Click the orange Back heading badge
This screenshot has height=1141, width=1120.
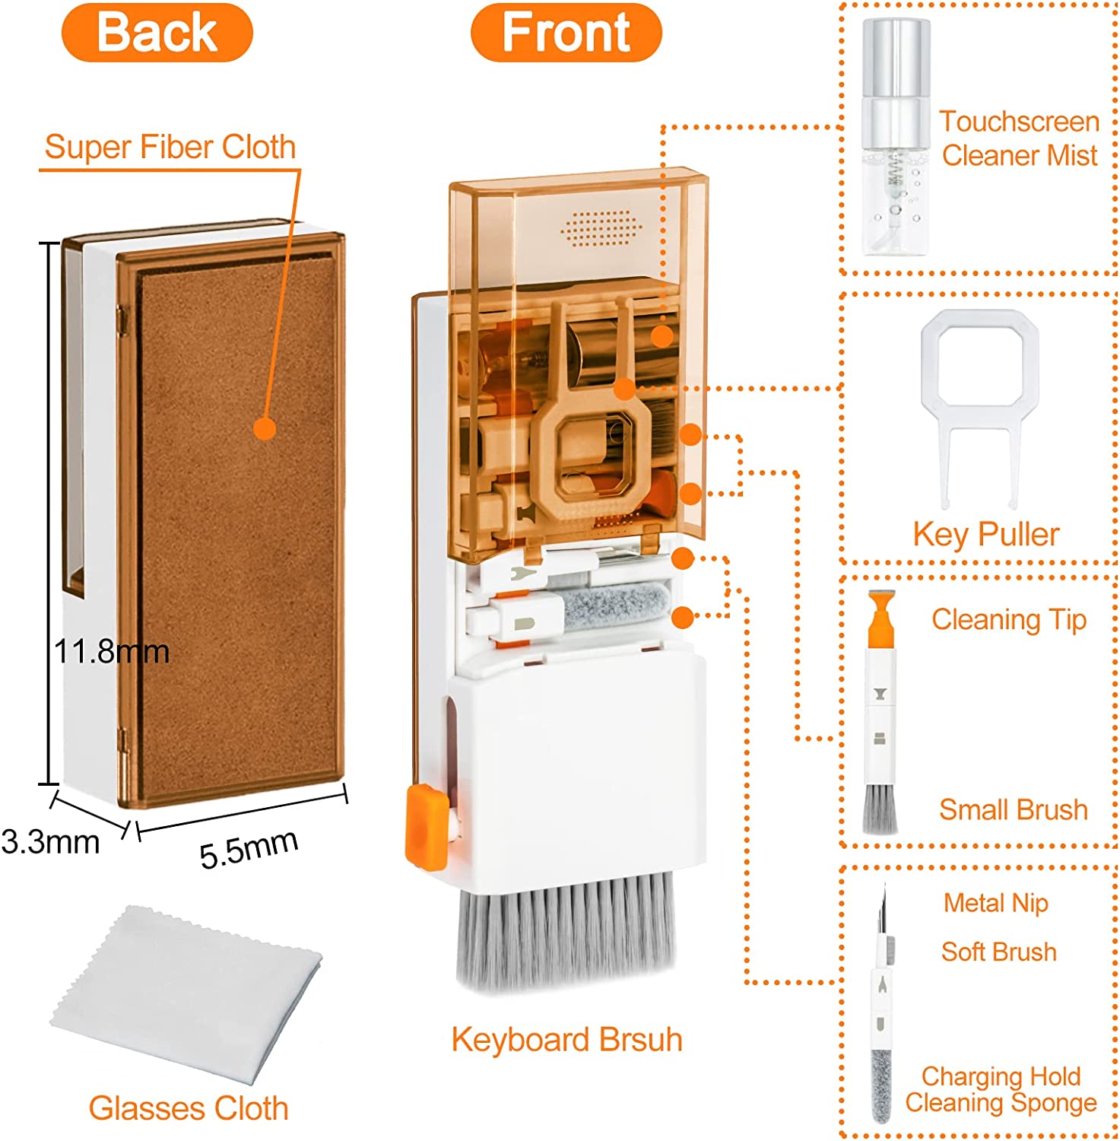(157, 33)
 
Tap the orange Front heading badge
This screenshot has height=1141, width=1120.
(566, 33)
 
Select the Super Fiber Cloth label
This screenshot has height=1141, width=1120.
(170, 147)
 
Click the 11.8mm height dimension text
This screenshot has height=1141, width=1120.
(111, 652)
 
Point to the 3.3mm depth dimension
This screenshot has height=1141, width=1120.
(50, 842)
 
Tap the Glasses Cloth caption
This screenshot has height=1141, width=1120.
(189, 1108)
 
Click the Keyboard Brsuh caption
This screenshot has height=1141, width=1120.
(566, 1040)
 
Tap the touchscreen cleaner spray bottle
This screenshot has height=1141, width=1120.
(896, 137)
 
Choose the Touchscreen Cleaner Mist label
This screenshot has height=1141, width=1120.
(1019, 138)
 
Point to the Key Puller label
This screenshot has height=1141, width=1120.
(985, 535)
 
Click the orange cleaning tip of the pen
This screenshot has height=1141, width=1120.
(880, 618)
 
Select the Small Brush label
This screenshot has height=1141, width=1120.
(1013, 810)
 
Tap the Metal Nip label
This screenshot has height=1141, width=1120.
(995, 903)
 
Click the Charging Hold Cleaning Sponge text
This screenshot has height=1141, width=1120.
(1001, 1089)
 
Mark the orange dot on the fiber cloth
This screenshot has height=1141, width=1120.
(265, 428)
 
